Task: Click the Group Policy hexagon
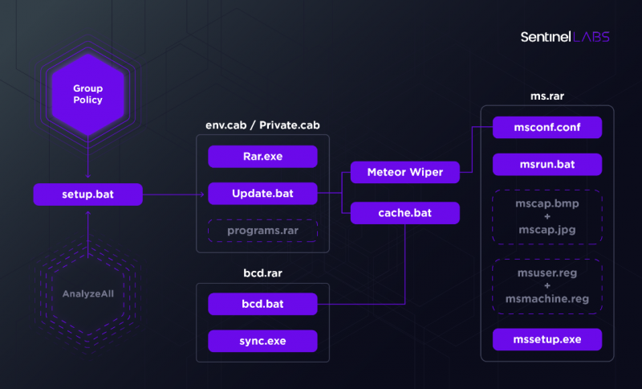(87, 94)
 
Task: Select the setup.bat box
(87, 194)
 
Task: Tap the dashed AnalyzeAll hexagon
(87, 293)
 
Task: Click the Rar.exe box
(262, 156)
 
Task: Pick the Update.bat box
(262, 194)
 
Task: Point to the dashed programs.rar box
(262, 231)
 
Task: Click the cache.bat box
(404, 213)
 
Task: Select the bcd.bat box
(262, 304)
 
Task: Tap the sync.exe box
(262, 341)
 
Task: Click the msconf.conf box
(547, 127)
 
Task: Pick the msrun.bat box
(547, 165)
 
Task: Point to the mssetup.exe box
(547, 339)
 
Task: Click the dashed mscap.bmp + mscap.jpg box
(547, 217)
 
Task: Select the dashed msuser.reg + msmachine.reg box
(547, 286)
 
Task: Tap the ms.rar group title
(547, 95)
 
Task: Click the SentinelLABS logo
(564, 37)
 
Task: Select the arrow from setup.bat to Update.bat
(173, 194)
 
